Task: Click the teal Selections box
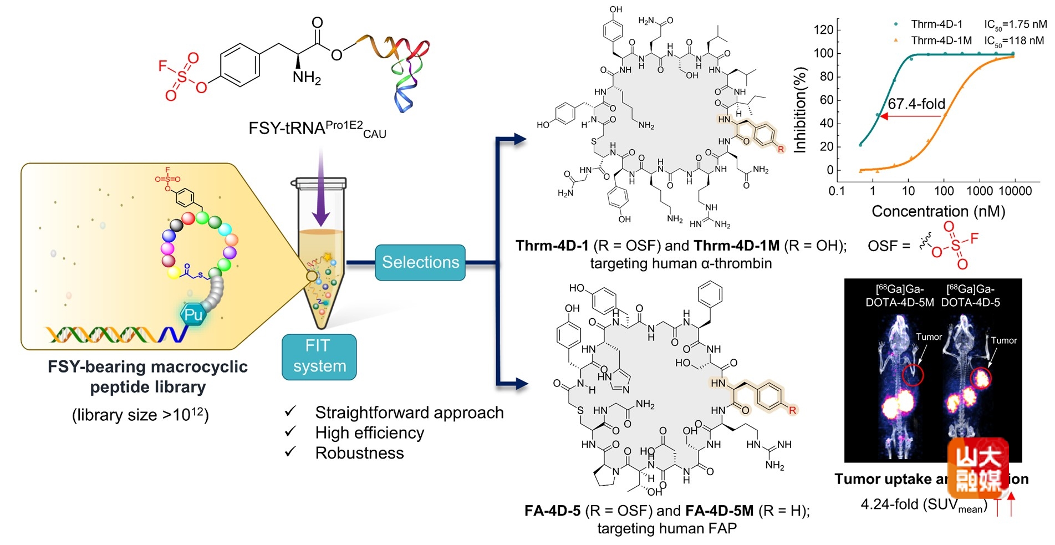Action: click(420, 262)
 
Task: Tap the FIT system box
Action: click(319, 356)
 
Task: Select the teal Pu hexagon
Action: click(193, 315)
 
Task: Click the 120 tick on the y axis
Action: click(823, 29)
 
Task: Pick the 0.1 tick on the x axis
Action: click(837, 191)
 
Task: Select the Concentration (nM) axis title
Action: click(938, 211)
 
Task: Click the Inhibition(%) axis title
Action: click(799, 110)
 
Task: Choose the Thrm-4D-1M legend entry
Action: click(941, 40)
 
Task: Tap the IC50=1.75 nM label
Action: click(1015, 24)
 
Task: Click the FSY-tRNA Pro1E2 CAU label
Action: click(317, 129)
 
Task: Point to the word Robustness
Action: click(359, 453)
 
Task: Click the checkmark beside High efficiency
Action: click(290, 432)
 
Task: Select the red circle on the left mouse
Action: click(913, 375)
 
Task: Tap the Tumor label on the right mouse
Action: click(1003, 340)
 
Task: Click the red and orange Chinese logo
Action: click(978, 468)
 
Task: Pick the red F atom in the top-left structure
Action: click(162, 66)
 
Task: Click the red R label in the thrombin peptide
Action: click(781, 149)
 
